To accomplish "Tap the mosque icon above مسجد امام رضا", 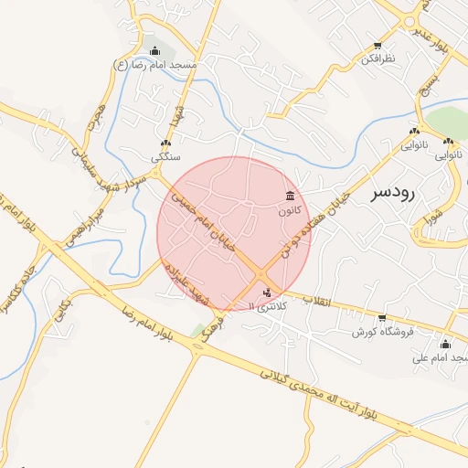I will pos(154,50).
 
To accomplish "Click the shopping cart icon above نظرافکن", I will pos(378,45).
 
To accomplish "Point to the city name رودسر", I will pos(394,194).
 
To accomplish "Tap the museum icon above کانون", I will pos(290,196).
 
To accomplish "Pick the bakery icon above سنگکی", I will pos(165,144).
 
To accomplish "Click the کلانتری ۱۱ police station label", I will pos(268,307).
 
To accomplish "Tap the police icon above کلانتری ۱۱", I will pos(267,293).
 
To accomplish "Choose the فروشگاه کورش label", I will pos(383,331).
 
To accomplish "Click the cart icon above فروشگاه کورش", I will pos(383,317).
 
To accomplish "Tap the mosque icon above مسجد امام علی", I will pos(446,344).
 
